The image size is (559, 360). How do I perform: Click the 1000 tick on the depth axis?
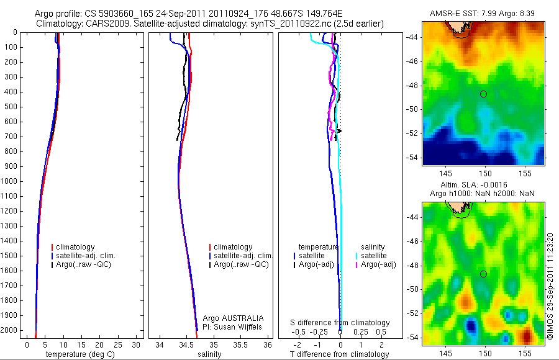pyautogui.click(x=11, y=181)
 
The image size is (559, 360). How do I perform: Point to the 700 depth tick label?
pyautogui.click(x=11, y=137)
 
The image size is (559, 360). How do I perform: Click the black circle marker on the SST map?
pyautogui.click(x=483, y=94)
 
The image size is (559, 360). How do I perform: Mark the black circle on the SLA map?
pyautogui.click(x=483, y=274)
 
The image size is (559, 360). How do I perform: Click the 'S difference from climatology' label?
pyautogui.click(x=340, y=323)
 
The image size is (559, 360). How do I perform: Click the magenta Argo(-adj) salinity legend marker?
pyautogui.click(x=357, y=264)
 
